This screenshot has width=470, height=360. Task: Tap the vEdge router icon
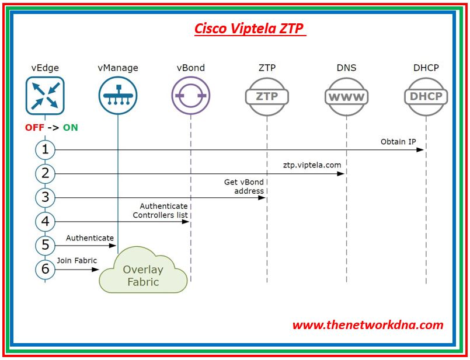point(45,96)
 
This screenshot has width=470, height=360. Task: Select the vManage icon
point(117,96)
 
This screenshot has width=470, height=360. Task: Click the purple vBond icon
point(190,96)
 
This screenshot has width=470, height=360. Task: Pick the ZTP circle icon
point(267,96)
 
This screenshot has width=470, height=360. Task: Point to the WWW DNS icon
point(346,96)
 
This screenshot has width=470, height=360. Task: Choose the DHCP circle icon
point(426,96)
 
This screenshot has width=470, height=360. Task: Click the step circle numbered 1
point(45,150)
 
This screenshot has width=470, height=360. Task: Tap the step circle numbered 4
point(45,222)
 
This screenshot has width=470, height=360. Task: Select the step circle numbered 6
point(45,270)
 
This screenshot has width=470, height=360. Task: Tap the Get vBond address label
point(245,186)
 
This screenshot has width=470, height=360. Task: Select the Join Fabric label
point(77,261)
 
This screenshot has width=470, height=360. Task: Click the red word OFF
point(34,127)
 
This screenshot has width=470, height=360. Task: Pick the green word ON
point(70,127)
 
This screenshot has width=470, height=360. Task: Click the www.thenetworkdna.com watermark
point(368,325)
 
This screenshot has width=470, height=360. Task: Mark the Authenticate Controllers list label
point(161,211)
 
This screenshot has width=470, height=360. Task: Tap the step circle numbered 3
point(45,197)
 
